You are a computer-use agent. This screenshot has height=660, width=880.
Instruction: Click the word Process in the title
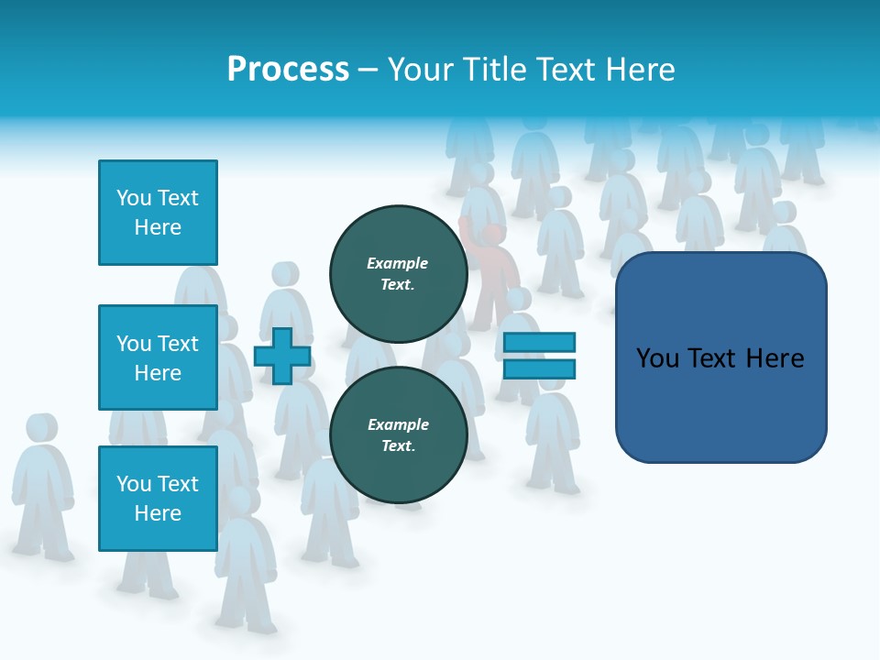[288, 70]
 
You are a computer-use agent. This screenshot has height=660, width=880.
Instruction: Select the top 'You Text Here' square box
[158, 213]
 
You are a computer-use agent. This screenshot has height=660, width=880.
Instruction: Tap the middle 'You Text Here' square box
[158, 357]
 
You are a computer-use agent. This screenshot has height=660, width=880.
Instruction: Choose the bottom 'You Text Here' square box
[158, 498]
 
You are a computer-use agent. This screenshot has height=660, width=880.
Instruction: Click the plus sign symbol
[281, 356]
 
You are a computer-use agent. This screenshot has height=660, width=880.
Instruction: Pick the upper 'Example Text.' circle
[398, 274]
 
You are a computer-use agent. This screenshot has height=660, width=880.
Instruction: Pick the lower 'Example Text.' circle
[398, 435]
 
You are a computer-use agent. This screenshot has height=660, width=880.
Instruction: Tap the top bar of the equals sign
[539, 342]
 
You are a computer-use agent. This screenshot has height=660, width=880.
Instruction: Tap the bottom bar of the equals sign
[539, 369]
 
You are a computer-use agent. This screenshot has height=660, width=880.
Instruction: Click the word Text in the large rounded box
[715, 357]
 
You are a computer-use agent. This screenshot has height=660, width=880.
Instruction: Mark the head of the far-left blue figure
[40, 428]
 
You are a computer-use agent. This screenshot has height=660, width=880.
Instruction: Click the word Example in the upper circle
[397, 263]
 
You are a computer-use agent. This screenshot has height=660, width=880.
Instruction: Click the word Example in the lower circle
[398, 424]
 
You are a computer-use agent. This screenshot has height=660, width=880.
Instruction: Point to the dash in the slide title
[368, 71]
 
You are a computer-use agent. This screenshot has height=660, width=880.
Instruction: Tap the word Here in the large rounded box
[775, 357]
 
